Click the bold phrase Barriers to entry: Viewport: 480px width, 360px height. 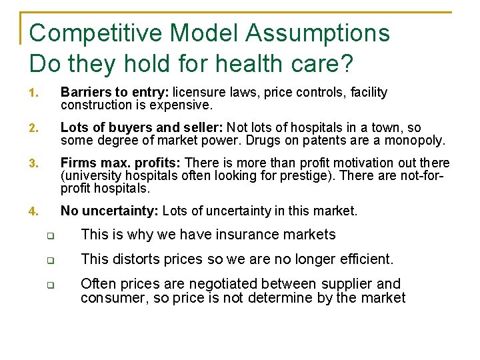115,93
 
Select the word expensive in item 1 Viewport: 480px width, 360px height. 185,105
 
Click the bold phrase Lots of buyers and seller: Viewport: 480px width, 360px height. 142,128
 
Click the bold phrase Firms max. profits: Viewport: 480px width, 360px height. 121,163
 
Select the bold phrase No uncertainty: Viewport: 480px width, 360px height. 109,211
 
